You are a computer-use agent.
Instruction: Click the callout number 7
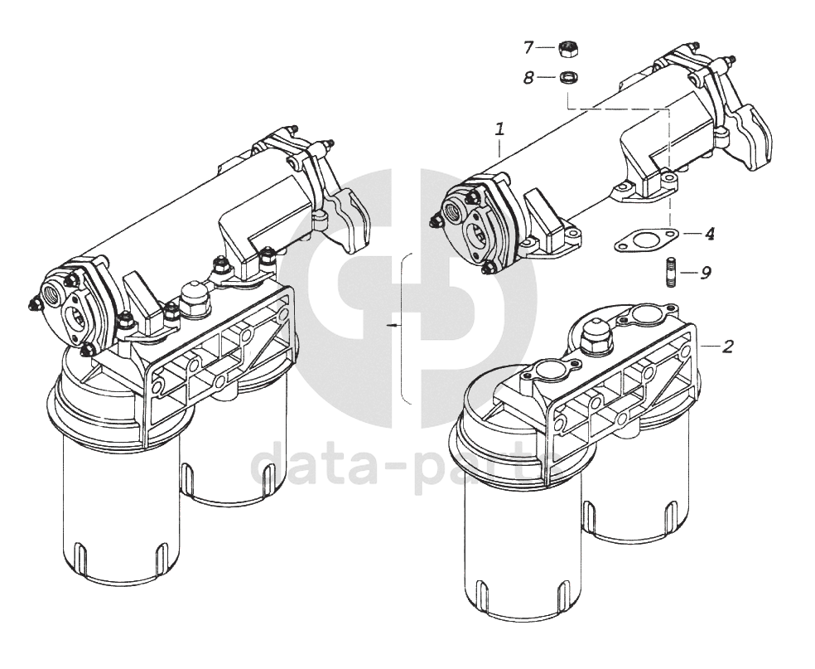pyautogui.click(x=528, y=48)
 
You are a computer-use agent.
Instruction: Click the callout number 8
pyautogui.click(x=528, y=79)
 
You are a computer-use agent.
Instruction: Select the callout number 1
pyautogui.click(x=499, y=129)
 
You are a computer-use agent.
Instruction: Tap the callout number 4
pyautogui.click(x=709, y=234)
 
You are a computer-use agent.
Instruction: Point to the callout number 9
pyautogui.click(x=706, y=273)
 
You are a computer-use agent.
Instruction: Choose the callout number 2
pyautogui.click(x=728, y=347)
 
